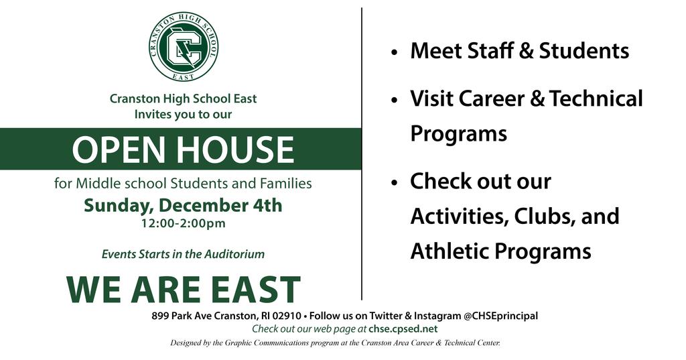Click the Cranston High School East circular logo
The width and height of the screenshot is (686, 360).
pos(184,46)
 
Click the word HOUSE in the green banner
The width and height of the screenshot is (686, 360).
pos(235,149)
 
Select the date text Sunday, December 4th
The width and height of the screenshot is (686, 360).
pos(183,205)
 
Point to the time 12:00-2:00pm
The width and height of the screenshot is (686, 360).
pos(183,223)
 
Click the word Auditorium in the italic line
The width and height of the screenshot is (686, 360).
pos(234,254)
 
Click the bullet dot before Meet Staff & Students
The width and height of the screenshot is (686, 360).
pos(395,52)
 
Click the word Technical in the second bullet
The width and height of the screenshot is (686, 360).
pos(596,98)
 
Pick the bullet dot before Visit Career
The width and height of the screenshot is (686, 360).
pos(395,101)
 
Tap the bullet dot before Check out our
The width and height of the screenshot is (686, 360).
pos(395,183)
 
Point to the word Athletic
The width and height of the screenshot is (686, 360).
pos(450,251)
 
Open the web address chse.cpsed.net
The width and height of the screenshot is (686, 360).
pos(403,329)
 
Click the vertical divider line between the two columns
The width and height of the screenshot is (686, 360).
pos(362,154)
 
